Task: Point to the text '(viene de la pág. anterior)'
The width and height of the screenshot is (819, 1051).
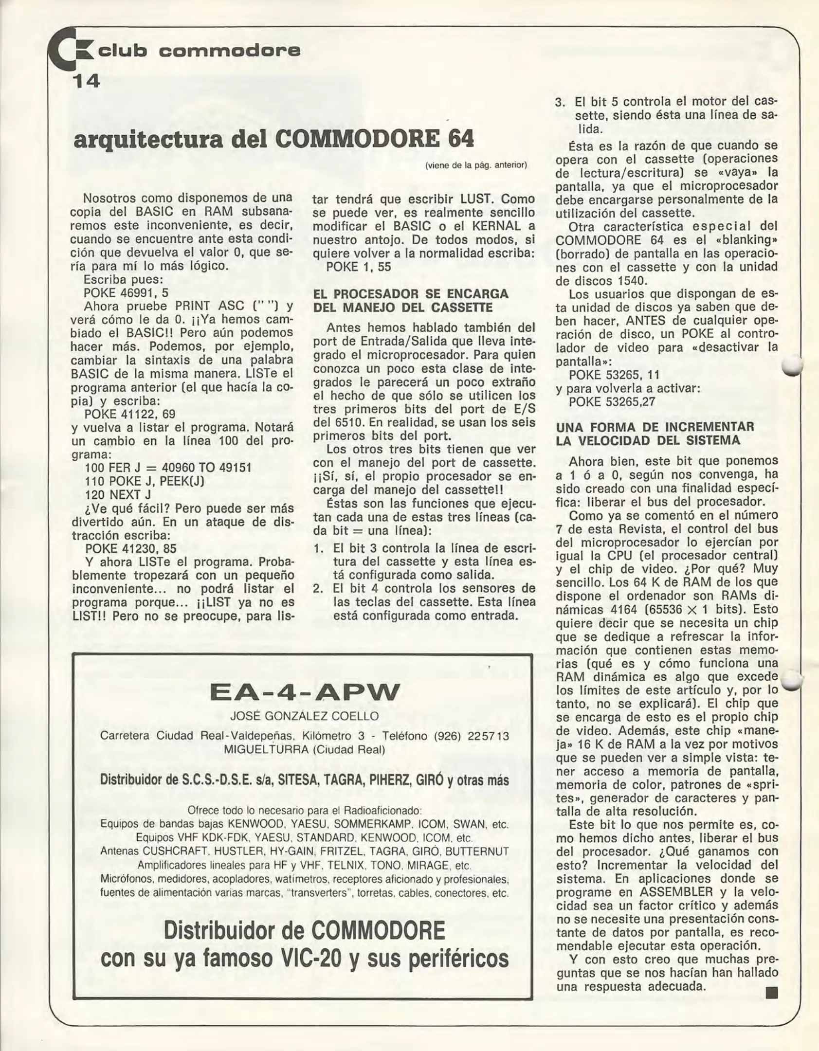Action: [476, 165]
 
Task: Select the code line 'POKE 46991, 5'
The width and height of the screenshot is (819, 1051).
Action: [126, 293]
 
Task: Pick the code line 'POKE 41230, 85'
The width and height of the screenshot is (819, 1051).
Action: [130, 548]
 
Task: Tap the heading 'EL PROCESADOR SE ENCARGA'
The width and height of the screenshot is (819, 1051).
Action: [411, 294]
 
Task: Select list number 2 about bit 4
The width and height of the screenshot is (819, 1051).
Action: [319, 589]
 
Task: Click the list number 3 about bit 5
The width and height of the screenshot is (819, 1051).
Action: [561, 103]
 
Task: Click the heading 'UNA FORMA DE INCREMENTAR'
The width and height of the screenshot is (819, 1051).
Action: [655, 427]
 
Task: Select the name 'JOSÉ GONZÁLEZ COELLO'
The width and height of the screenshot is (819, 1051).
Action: [304, 716]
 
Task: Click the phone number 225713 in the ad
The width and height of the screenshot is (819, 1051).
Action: [488, 736]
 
